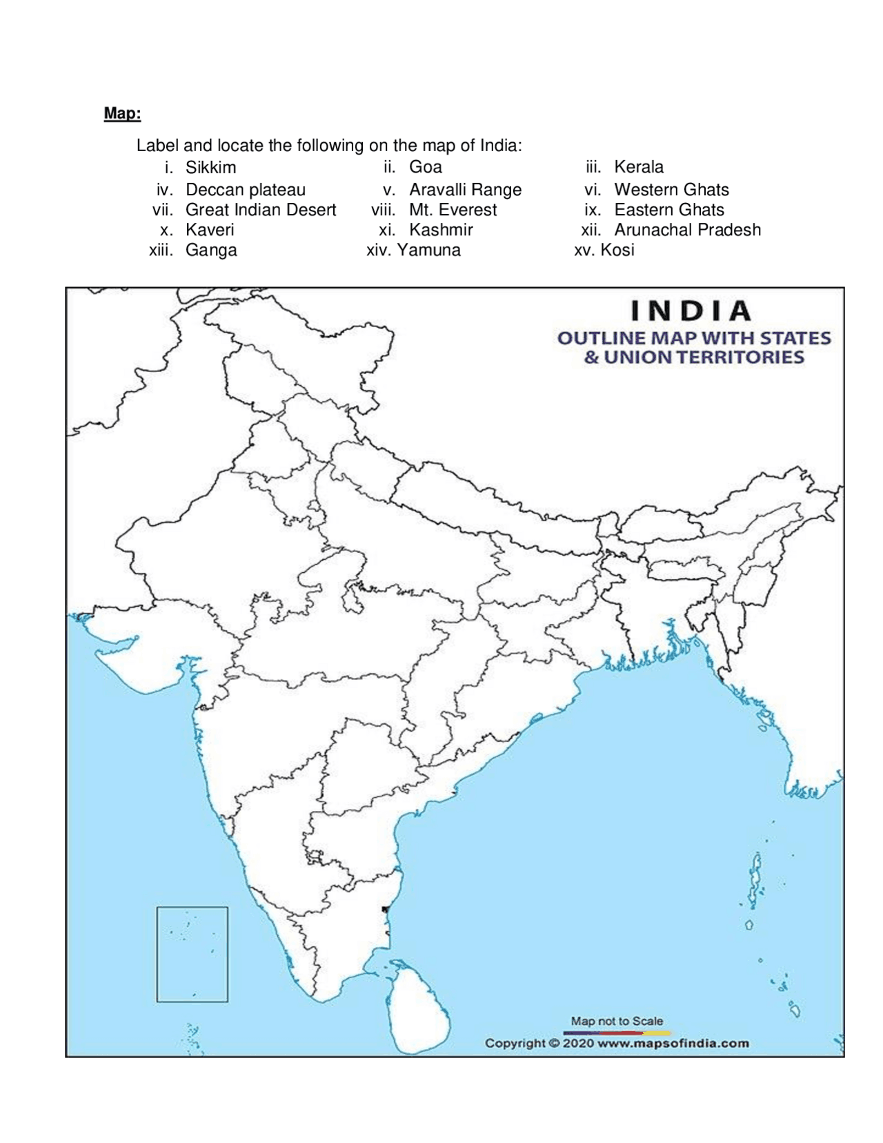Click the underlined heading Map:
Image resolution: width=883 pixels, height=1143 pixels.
[122, 113]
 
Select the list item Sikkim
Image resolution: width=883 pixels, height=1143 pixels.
[210, 168]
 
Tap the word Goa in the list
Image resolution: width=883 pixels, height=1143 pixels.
[425, 167]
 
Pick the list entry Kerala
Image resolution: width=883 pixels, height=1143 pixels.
[638, 167]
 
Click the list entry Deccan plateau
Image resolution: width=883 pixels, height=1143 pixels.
[245, 190]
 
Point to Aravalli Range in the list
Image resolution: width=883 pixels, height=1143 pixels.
[465, 190]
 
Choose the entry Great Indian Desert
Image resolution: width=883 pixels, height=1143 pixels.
[261, 210]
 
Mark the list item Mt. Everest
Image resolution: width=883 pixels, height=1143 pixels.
[453, 210]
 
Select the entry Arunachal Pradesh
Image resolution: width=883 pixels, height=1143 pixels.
[687, 230]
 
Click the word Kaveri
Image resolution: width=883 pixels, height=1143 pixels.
[210, 230]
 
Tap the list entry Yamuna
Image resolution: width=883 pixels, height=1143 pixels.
[428, 250]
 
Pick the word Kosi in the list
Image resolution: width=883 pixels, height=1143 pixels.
[617, 250]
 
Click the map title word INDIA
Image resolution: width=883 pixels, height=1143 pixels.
[691, 311]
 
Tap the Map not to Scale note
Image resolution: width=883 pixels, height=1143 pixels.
[617, 1021]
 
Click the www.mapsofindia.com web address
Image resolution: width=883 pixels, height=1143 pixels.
[673, 1043]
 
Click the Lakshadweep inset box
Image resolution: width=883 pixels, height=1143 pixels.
[192, 954]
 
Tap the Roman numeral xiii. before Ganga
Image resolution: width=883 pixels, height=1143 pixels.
[161, 250]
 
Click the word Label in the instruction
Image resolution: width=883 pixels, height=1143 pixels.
[157, 146]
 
